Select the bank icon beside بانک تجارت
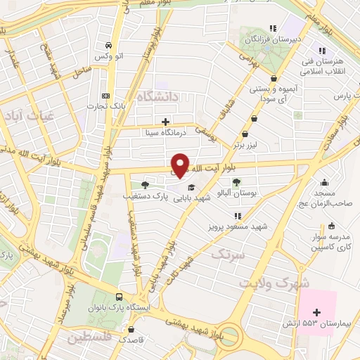pos(106,96)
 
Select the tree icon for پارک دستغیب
pos(145,185)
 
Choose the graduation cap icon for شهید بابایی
pos(191,187)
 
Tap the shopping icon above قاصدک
pos(131,328)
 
